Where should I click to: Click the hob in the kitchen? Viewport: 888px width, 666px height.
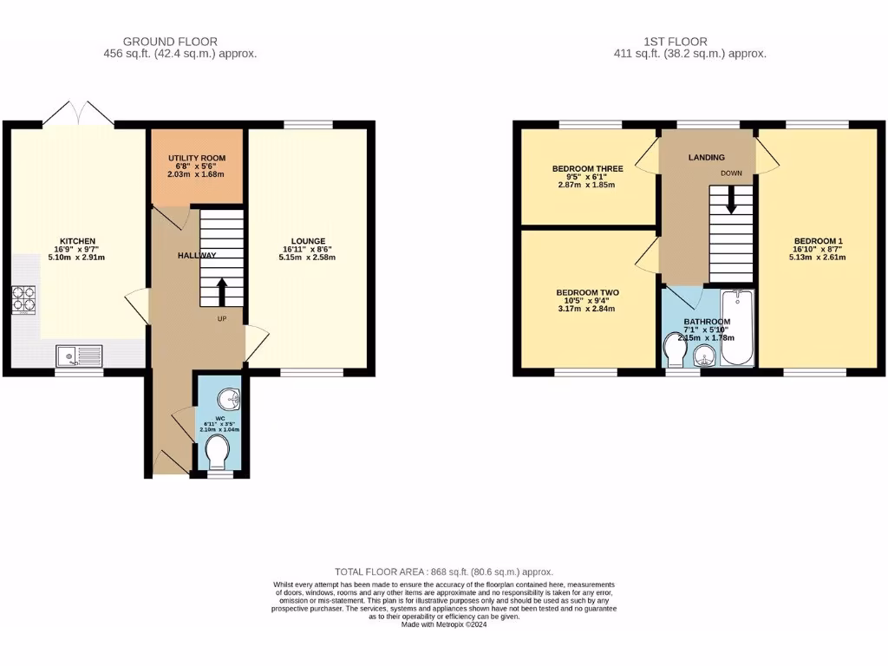pos(23,299)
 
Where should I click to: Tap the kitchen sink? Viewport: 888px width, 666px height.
pos(78,354)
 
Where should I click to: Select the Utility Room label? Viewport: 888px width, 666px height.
pos(196,165)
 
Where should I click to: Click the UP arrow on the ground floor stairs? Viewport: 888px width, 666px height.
pos(222,292)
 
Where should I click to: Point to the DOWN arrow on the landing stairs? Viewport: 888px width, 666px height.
pos(732,201)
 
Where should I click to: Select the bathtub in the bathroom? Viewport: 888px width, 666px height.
pos(738,330)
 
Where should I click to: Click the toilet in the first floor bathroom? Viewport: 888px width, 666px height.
pos(673,353)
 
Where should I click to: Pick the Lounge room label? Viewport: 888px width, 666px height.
pos(309,241)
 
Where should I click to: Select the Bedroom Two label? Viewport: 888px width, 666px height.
pos(587,293)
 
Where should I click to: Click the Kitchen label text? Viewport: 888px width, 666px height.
pos(77,241)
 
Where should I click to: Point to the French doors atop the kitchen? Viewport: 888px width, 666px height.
pos(78,114)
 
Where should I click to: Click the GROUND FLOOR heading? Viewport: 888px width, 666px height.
pos(170,41)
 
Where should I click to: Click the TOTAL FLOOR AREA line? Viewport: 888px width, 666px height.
pos(443,571)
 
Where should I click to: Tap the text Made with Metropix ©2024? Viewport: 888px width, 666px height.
pos(443,624)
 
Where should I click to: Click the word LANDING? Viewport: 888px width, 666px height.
pos(706,157)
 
